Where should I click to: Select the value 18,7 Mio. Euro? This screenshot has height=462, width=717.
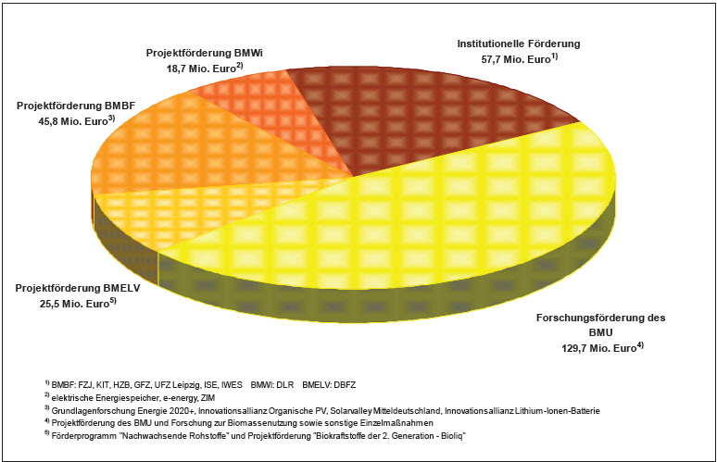pyautogui.click(x=202, y=69)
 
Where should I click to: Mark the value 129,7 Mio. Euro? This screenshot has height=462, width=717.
pyautogui.click(x=601, y=347)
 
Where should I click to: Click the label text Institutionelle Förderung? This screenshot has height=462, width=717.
pyautogui.click(x=519, y=44)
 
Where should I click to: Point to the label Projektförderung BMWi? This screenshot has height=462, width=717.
pyautogui.click(x=206, y=54)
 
